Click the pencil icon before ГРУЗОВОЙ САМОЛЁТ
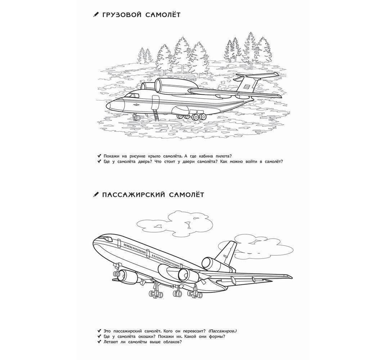(x=95, y=14)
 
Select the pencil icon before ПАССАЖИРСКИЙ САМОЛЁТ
(x=95, y=195)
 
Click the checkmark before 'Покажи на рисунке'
(x=99, y=156)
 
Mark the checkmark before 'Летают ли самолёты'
(x=99, y=342)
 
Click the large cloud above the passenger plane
(x=174, y=223)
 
